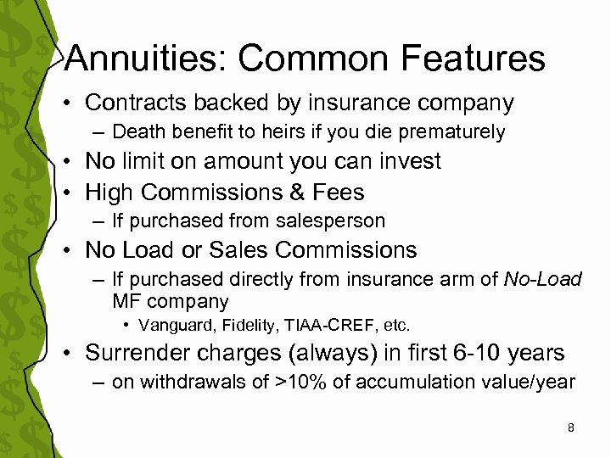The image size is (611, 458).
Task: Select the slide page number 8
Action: pos(571,427)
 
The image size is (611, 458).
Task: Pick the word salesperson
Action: pos(334,221)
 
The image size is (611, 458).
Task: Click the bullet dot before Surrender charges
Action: pos(73,353)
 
